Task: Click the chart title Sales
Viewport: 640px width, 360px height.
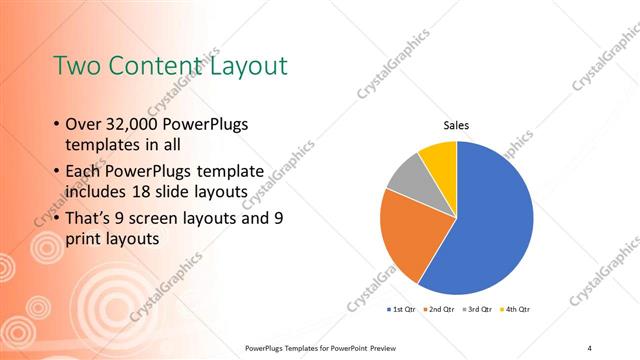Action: (x=456, y=125)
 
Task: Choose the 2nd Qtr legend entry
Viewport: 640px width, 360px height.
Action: (x=440, y=310)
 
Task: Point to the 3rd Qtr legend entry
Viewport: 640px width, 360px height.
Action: (x=476, y=310)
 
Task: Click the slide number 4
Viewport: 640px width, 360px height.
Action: (x=590, y=347)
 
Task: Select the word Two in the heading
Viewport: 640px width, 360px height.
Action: (x=75, y=66)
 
